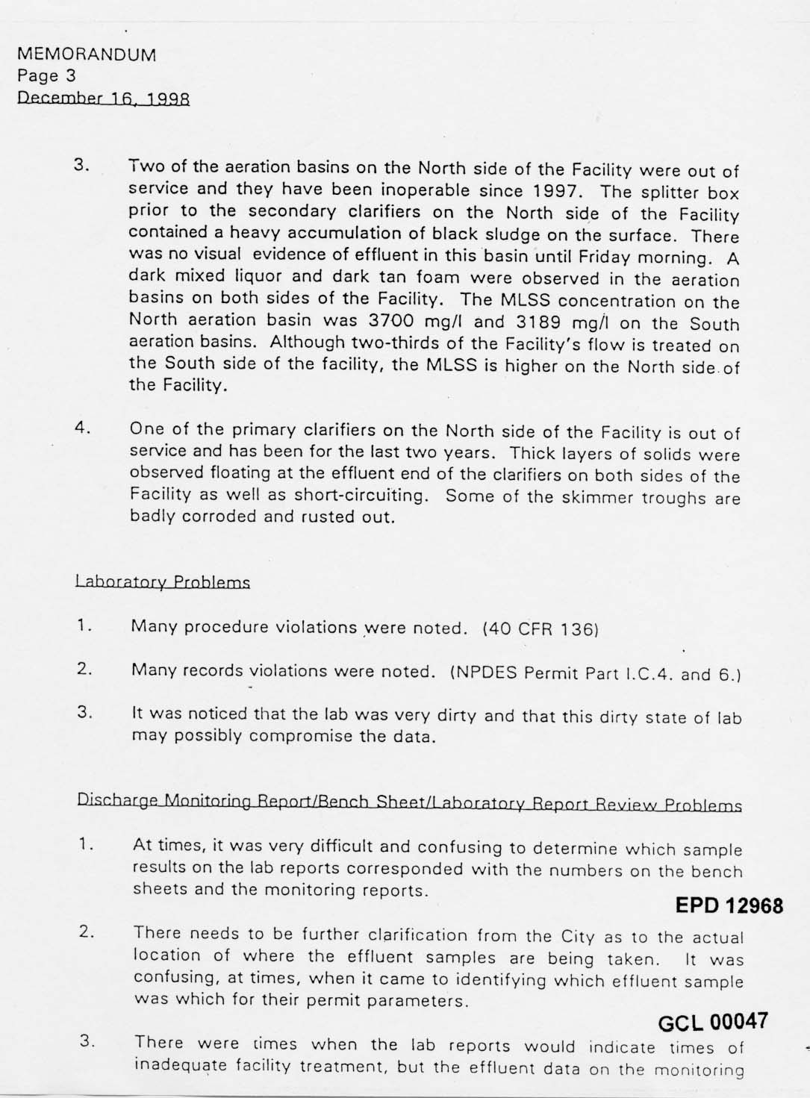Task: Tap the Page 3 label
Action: (x=46, y=75)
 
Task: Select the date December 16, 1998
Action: (x=104, y=98)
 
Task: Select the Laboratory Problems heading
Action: (x=163, y=581)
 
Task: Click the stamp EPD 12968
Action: (x=729, y=905)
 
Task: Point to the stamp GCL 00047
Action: (x=712, y=1023)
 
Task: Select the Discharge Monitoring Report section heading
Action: (x=409, y=802)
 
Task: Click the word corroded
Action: (x=216, y=517)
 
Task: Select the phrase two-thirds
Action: (x=408, y=344)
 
